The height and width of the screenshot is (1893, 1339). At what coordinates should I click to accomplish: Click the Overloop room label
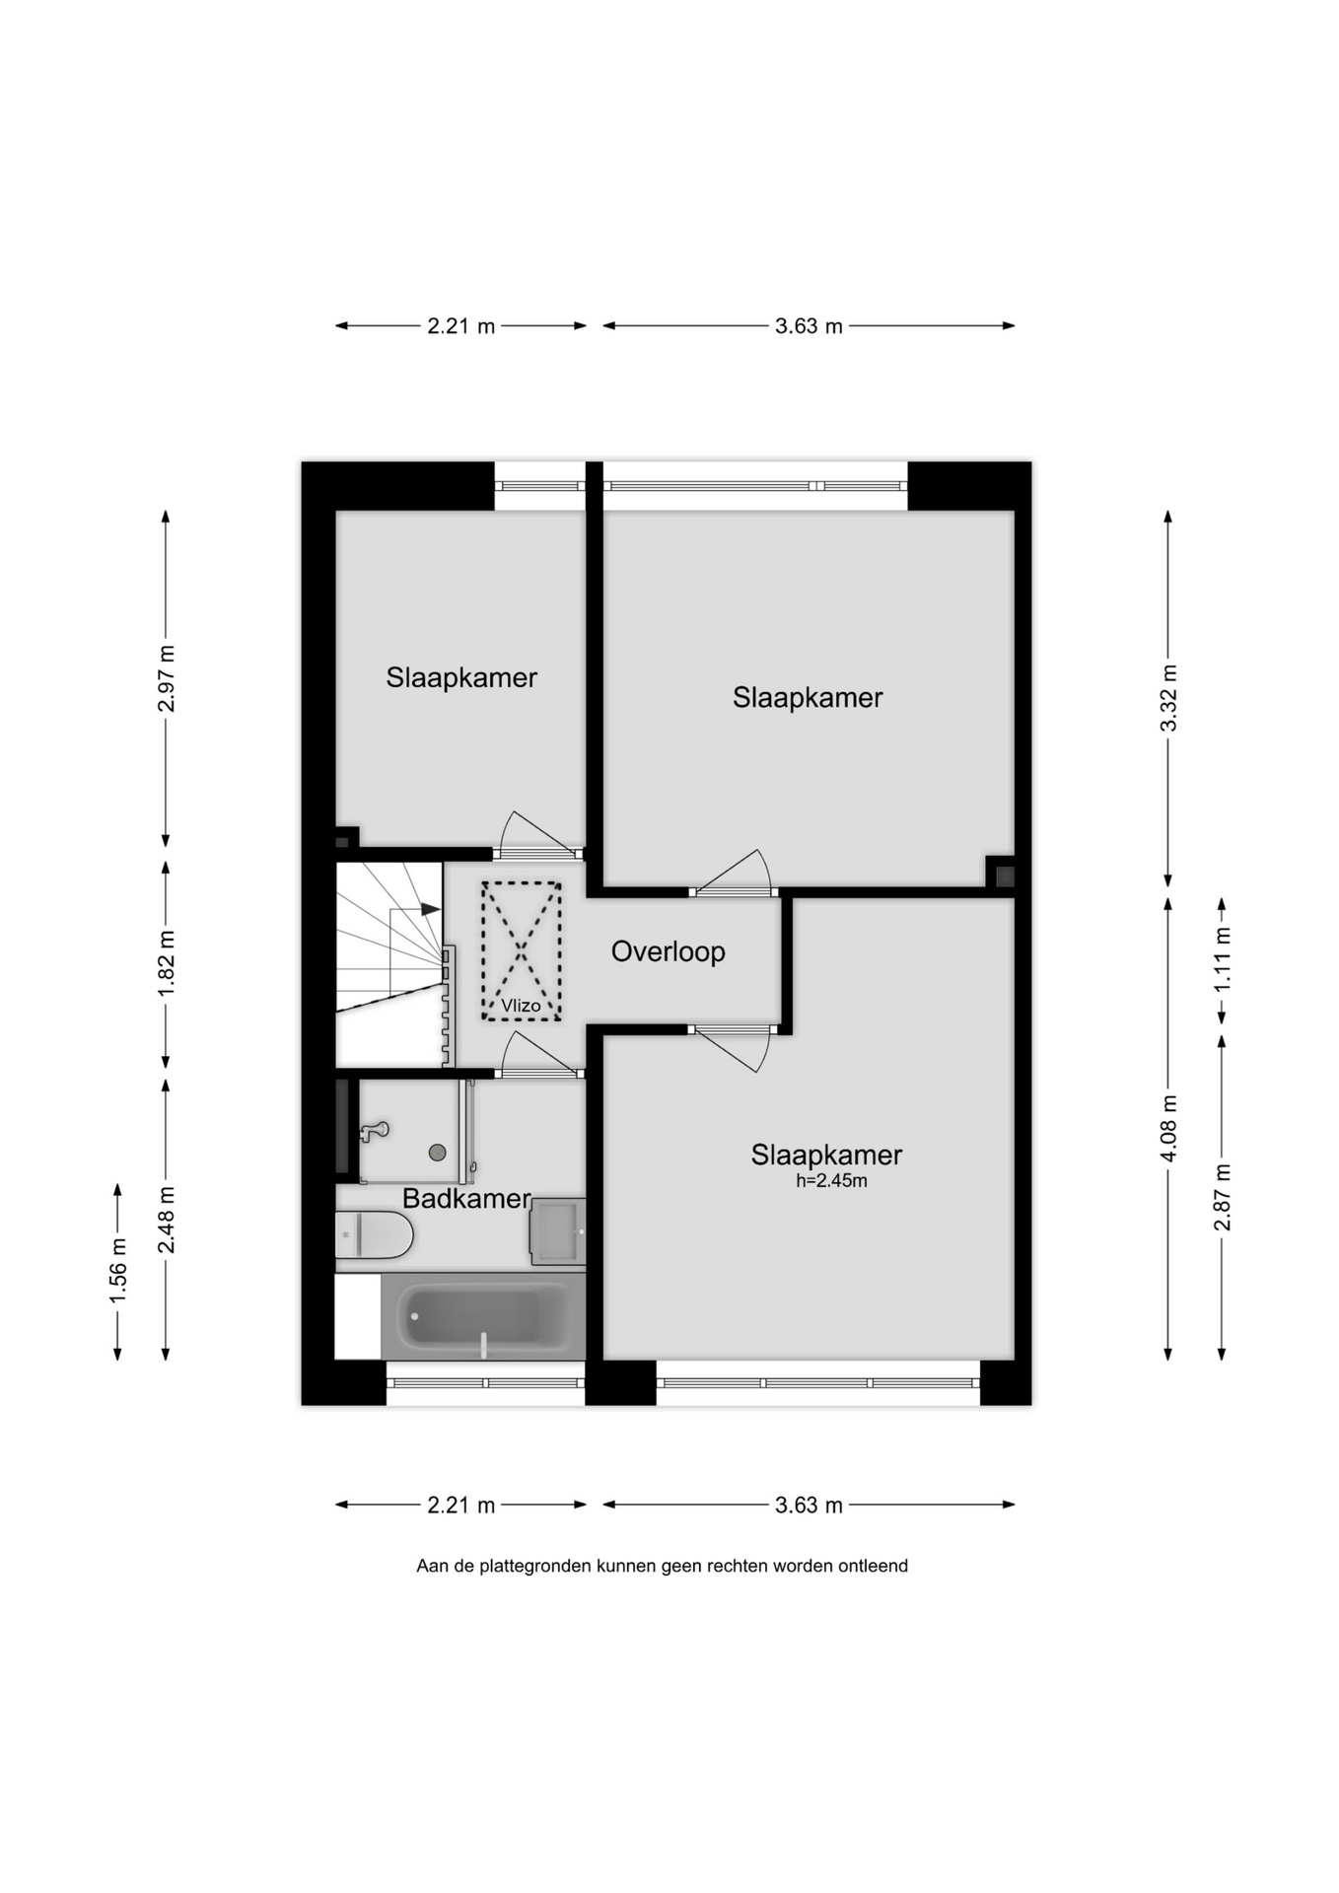(x=668, y=951)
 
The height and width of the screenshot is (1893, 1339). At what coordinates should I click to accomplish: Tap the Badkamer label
(x=466, y=1198)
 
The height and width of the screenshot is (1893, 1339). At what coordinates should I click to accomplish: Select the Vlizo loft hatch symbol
(x=521, y=950)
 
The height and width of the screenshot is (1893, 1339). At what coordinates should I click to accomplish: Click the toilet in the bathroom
(x=373, y=1235)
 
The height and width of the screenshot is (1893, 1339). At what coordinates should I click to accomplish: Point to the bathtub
(x=483, y=1316)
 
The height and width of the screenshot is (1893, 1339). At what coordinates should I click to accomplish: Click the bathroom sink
(x=558, y=1231)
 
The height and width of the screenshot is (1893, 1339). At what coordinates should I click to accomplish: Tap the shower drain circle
(x=437, y=1153)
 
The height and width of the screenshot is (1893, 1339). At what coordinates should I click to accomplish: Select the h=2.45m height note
(x=831, y=1181)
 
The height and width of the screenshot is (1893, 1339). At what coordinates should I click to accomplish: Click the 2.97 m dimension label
(x=166, y=678)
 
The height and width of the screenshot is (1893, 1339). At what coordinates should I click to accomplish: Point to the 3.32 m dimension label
(x=1168, y=698)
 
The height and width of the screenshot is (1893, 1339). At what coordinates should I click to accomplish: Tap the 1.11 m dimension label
(x=1223, y=960)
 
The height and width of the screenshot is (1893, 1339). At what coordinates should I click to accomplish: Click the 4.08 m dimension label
(x=1168, y=1128)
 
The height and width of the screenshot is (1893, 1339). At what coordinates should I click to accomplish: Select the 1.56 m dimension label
(x=117, y=1270)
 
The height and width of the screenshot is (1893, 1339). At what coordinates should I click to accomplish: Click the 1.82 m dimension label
(x=166, y=963)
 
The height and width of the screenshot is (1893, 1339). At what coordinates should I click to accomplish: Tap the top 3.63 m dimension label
(x=809, y=326)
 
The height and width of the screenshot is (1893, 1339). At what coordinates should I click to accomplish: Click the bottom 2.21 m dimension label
(x=460, y=1506)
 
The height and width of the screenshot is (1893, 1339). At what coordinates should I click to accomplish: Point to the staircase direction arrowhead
(x=431, y=909)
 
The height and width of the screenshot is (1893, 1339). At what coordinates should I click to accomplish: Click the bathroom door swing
(x=537, y=1053)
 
